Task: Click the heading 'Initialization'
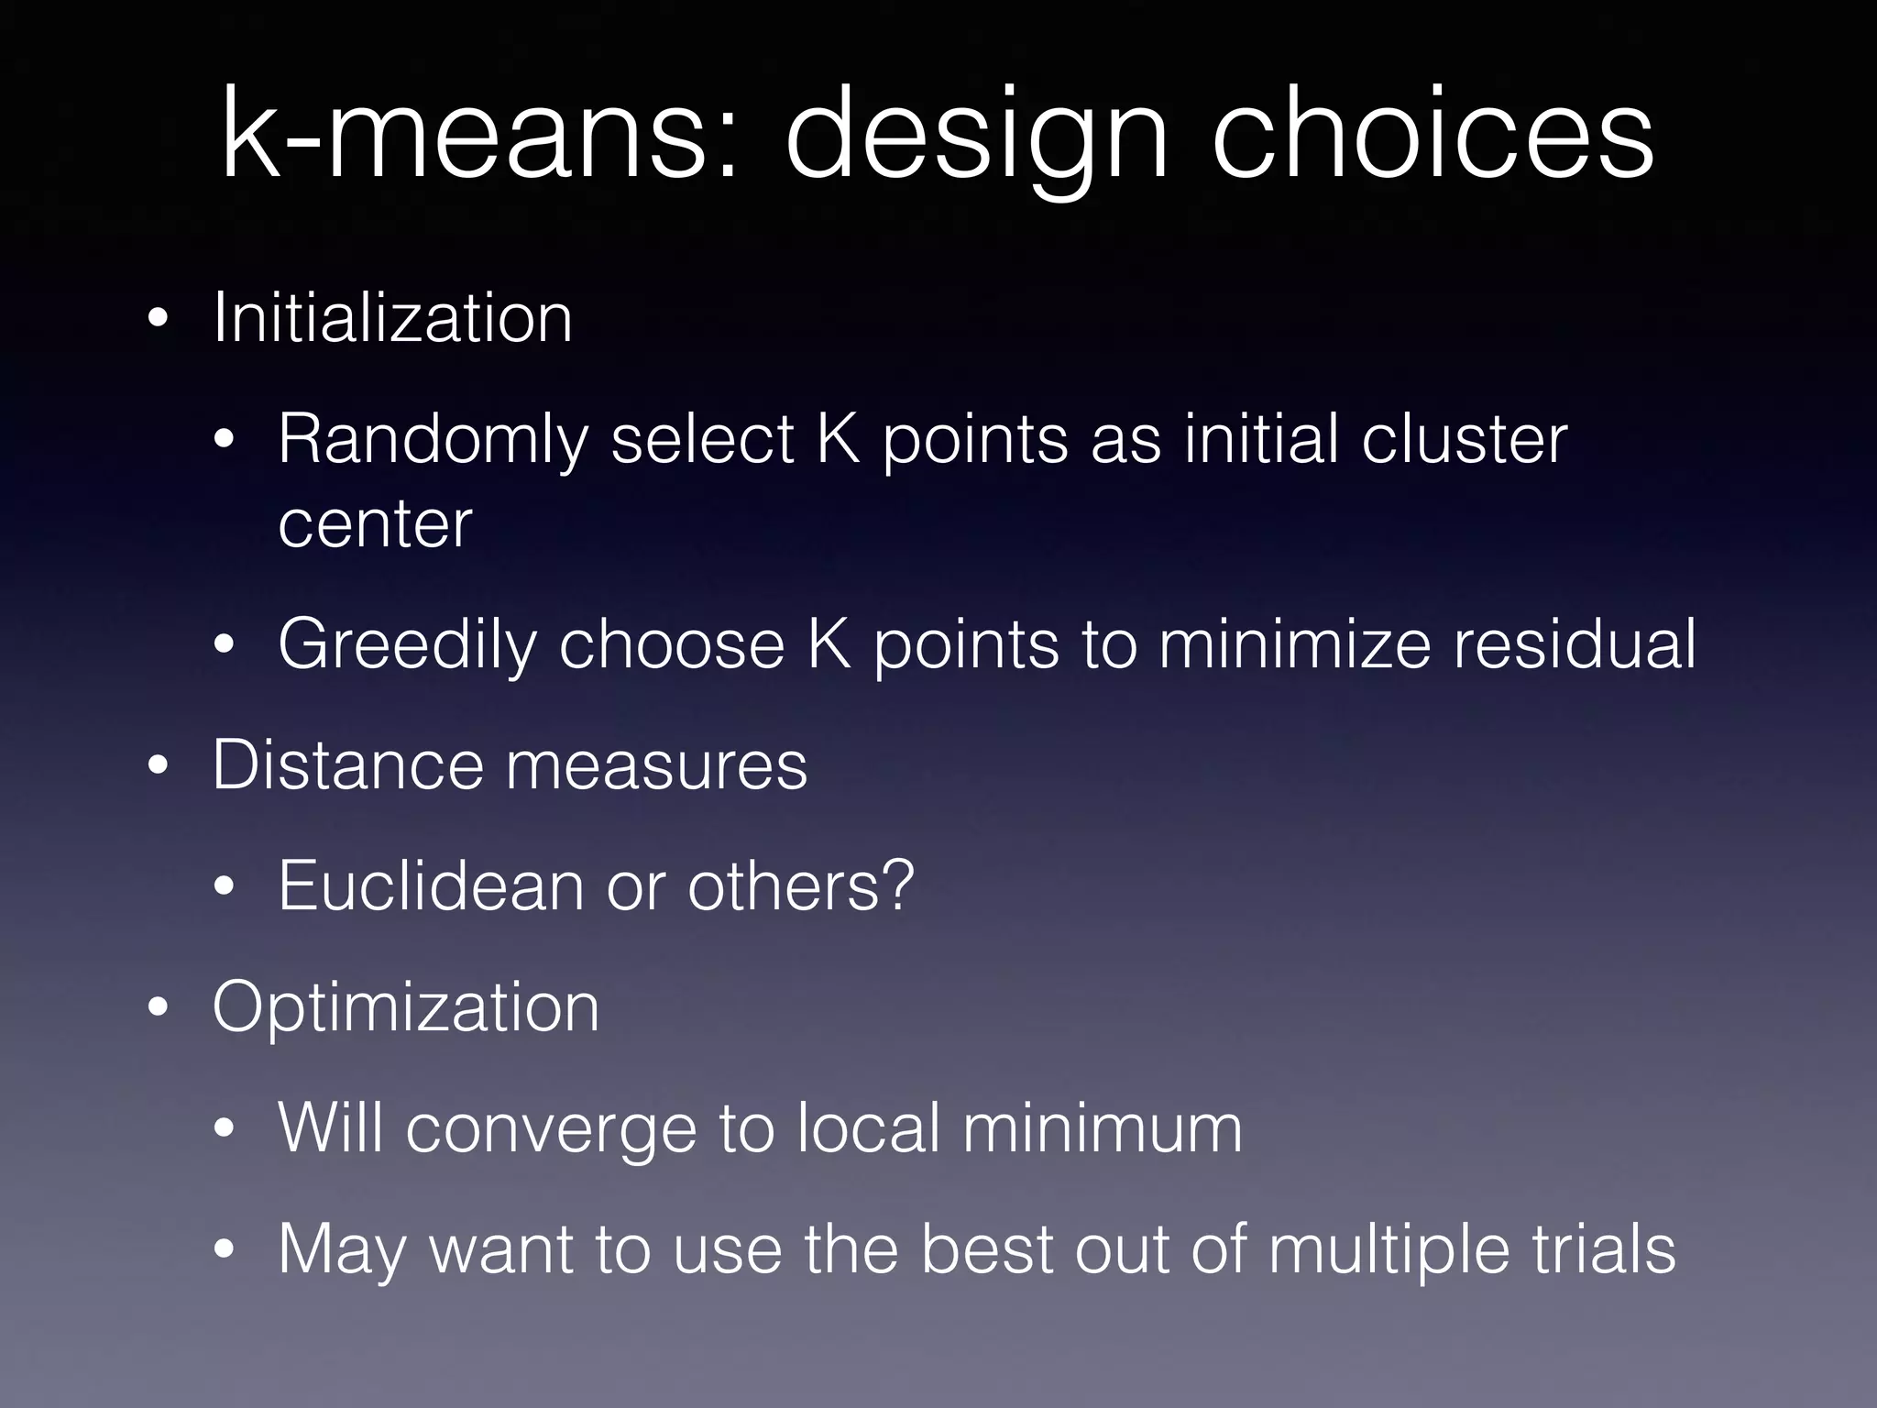click(392, 317)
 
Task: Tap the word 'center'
click(375, 523)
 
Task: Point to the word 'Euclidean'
click(431, 885)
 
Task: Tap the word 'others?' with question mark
click(801, 885)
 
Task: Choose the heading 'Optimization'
click(405, 1007)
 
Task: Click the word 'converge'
click(551, 1130)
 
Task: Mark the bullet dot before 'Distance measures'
click(159, 766)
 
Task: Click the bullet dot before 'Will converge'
click(225, 1129)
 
